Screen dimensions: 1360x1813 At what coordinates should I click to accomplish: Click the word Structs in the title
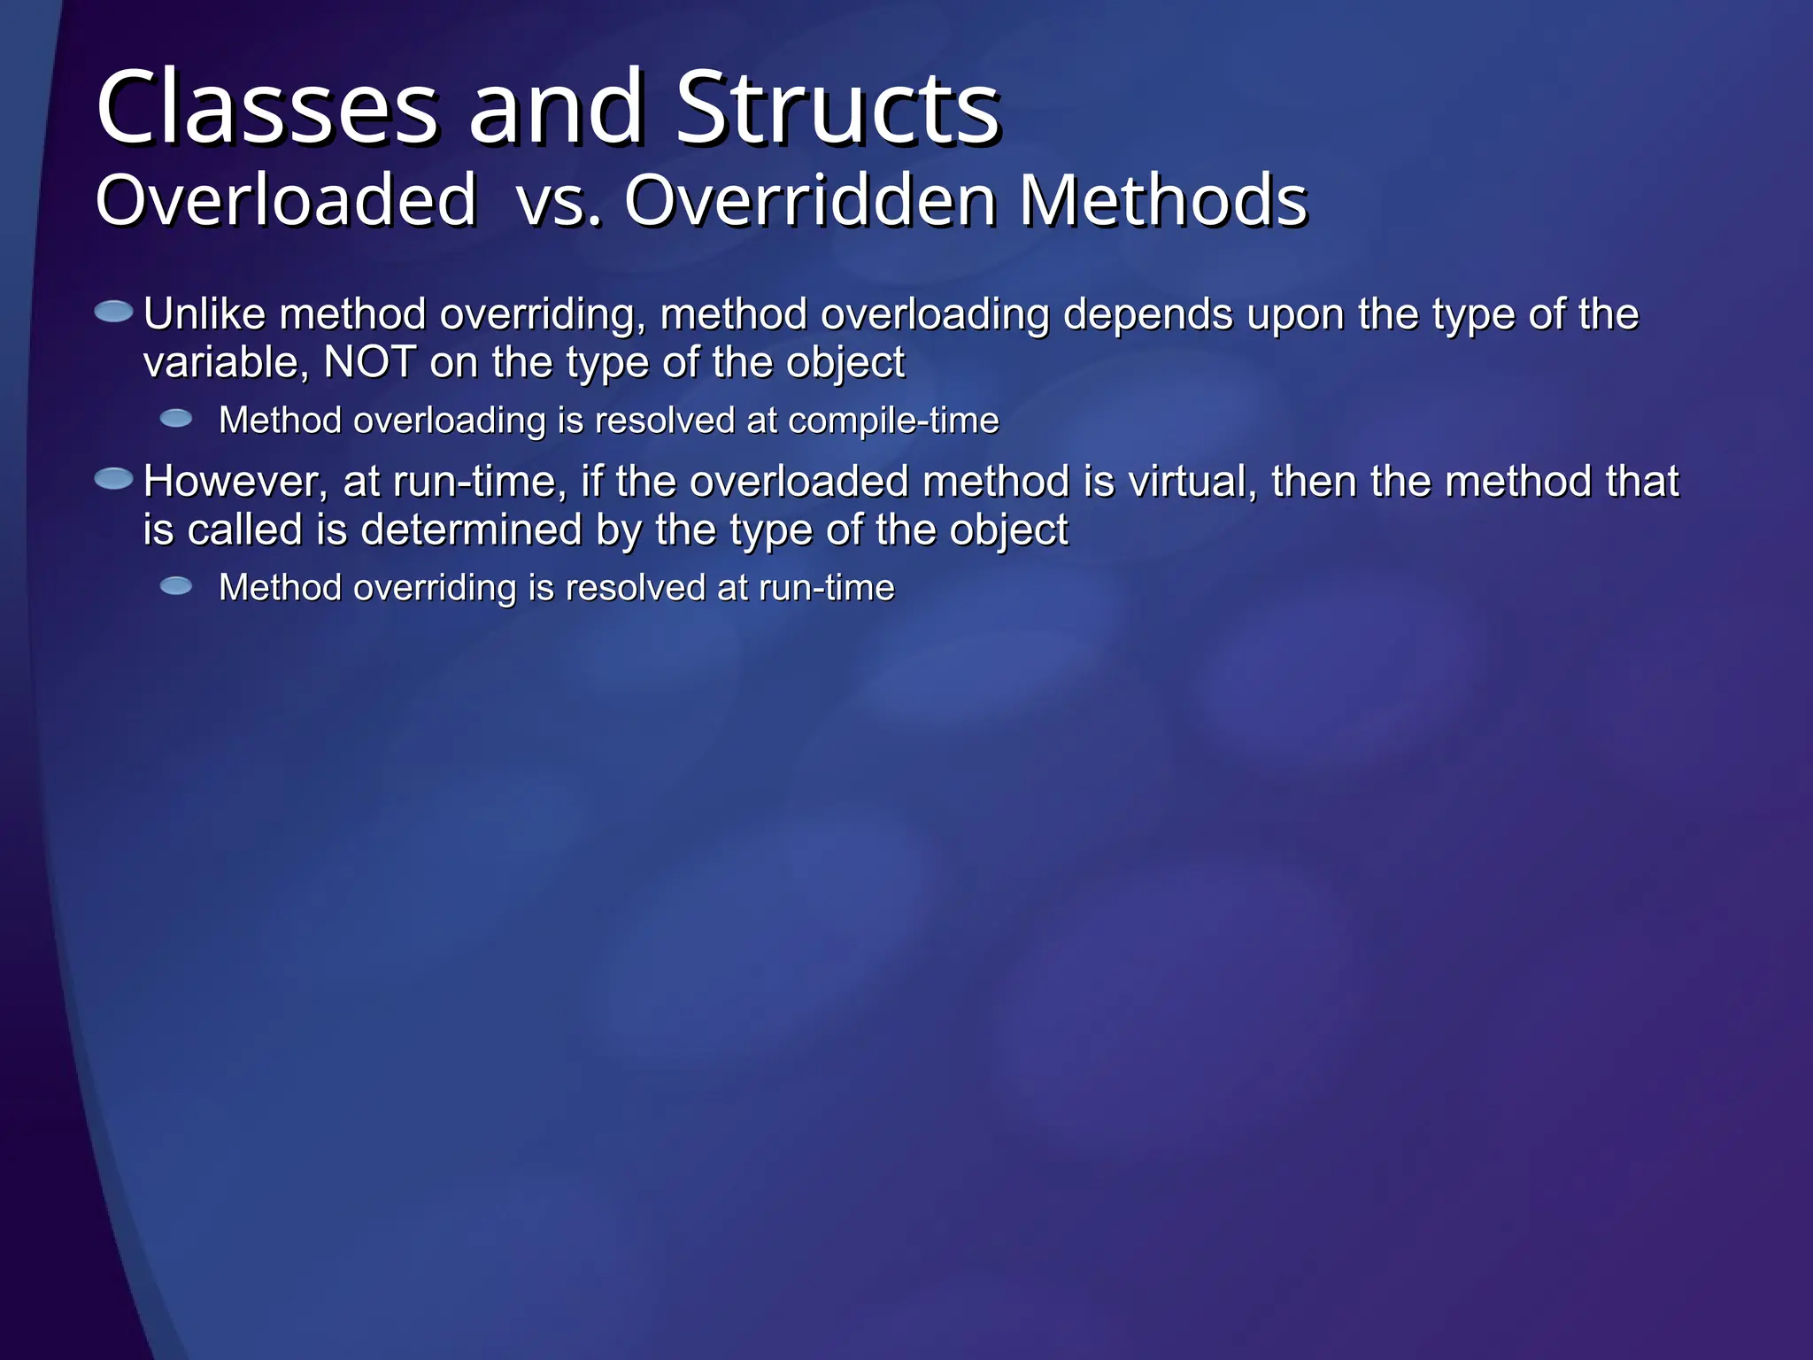click(x=837, y=108)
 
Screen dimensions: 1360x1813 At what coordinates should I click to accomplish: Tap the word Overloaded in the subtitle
click(x=286, y=200)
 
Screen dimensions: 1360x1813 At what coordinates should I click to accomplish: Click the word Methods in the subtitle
click(x=1162, y=200)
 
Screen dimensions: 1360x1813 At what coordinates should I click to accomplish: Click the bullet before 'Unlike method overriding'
click(x=113, y=312)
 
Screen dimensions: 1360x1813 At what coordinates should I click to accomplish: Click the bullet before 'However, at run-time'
click(x=113, y=479)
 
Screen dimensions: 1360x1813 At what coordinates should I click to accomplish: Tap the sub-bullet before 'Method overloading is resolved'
click(x=176, y=418)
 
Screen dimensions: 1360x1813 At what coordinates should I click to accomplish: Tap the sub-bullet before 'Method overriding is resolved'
click(x=176, y=585)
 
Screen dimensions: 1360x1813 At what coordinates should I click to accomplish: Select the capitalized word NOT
click(x=370, y=362)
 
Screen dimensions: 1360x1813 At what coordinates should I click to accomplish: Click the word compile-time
click(x=893, y=421)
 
